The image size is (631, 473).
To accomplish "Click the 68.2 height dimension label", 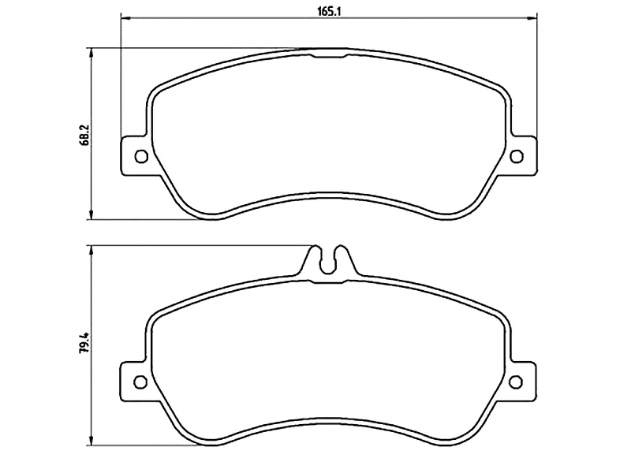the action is point(85,134).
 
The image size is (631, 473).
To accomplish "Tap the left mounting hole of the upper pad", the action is point(141,156).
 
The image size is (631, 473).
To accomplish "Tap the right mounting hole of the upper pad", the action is point(517,156).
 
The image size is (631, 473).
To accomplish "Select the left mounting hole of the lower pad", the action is point(140,382).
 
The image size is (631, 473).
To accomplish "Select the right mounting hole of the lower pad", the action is point(516,382).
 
